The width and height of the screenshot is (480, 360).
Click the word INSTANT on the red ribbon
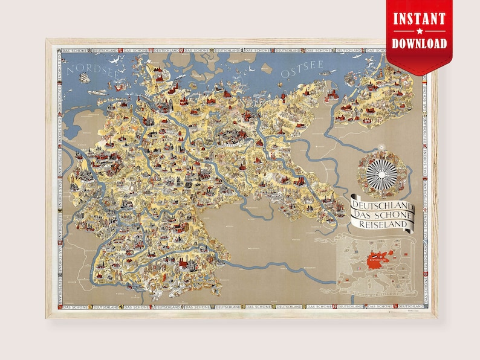(419, 19)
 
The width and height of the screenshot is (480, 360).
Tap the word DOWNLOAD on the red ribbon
(419, 43)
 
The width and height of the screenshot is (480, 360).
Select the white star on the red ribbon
(419, 31)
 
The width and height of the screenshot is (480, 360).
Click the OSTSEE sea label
(302, 72)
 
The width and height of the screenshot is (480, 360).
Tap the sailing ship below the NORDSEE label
(77, 82)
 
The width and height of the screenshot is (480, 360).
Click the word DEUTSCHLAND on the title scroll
(382, 206)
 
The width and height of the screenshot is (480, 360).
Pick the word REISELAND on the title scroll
(382, 225)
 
